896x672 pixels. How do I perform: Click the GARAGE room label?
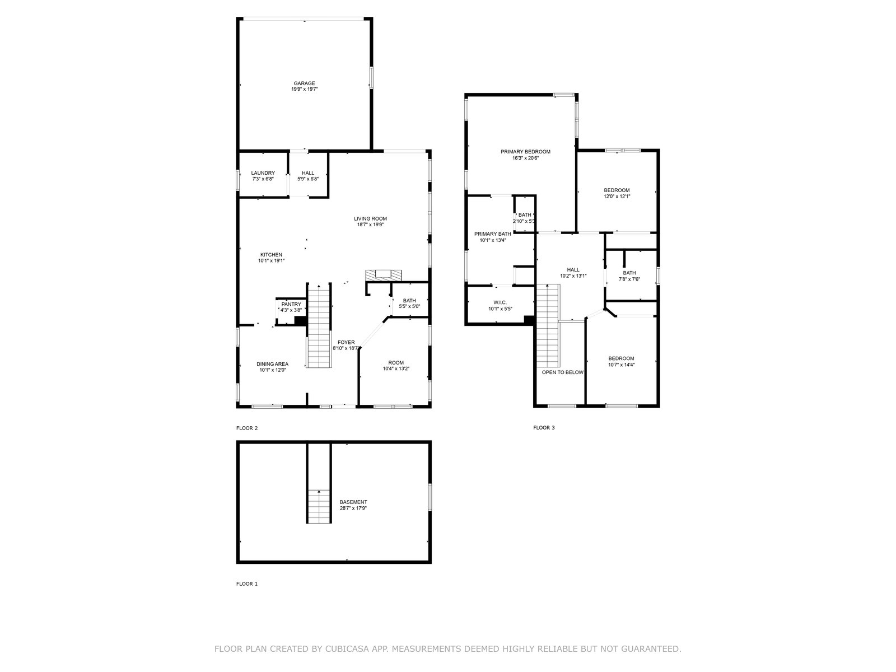click(x=304, y=83)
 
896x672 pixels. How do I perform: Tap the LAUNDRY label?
click(x=263, y=173)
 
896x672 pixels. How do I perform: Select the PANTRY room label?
click(x=291, y=305)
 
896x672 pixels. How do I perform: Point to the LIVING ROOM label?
click(x=370, y=219)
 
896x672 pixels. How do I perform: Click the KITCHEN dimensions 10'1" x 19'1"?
click(x=272, y=261)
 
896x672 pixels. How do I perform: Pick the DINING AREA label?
click(x=272, y=364)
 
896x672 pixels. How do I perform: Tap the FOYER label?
click(x=346, y=342)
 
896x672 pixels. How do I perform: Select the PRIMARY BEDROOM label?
click(x=525, y=152)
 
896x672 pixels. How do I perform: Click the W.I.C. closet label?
click(x=500, y=302)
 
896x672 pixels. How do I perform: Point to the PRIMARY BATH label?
click(x=492, y=234)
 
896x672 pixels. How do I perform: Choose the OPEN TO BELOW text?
click(x=562, y=372)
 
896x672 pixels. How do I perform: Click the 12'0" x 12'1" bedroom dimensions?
click(x=617, y=196)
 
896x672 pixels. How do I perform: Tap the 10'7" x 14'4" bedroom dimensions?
click(x=621, y=365)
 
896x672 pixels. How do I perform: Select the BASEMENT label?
click(x=353, y=502)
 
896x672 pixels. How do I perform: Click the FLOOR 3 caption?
click(x=544, y=428)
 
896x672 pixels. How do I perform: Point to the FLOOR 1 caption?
click(x=247, y=584)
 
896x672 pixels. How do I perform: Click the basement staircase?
click(x=319, y=506)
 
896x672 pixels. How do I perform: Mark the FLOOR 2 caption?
click(x=247, y=428)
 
